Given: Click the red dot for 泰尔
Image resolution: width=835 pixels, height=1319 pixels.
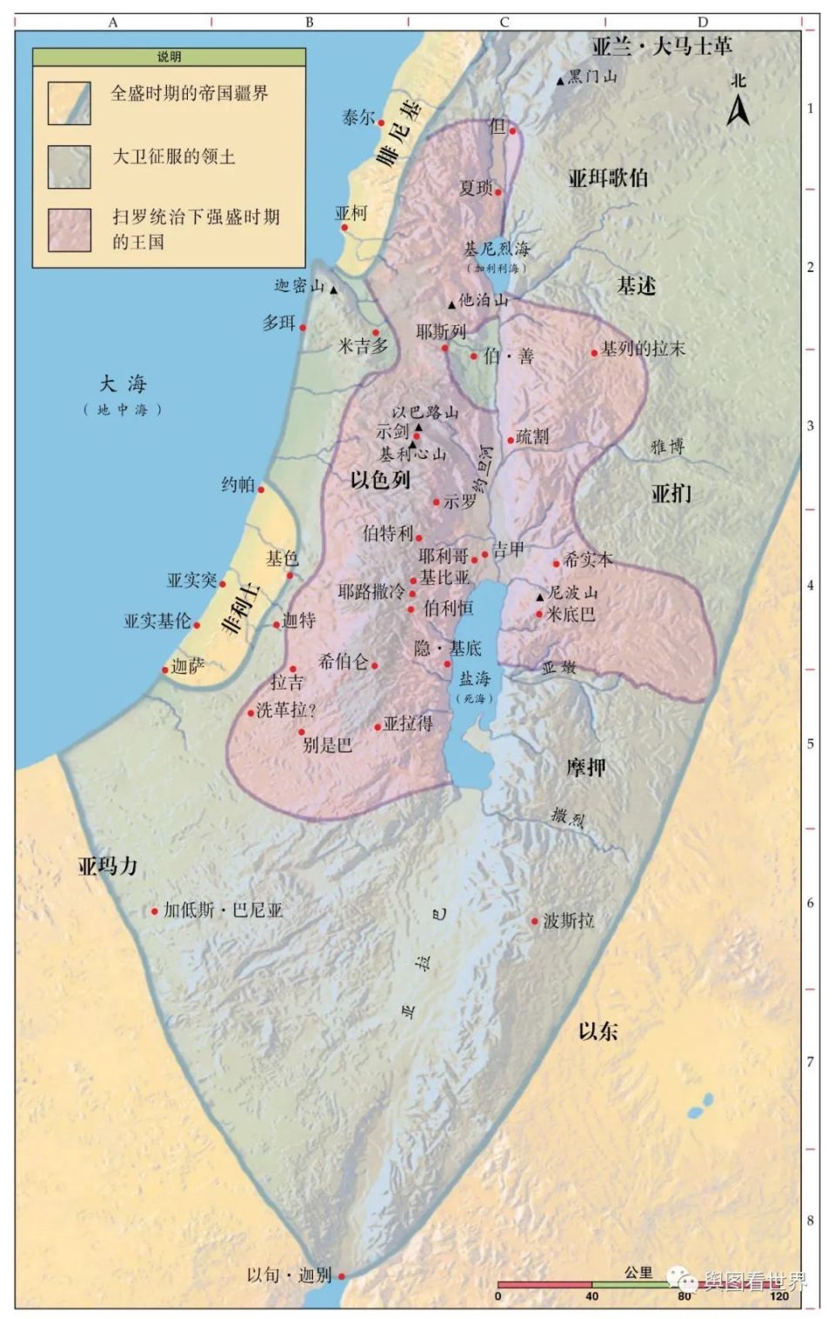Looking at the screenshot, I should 381,123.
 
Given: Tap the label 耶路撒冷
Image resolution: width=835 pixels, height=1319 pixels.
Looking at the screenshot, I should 371,592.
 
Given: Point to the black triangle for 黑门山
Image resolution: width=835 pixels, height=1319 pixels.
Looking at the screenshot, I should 560,81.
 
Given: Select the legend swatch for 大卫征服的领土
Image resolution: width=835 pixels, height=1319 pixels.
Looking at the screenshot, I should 70,167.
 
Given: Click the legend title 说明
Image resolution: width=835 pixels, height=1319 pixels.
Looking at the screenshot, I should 169,57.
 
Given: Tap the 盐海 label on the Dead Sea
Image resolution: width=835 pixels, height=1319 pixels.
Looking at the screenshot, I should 475,678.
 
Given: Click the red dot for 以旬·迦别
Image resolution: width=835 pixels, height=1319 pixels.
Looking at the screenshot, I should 342,1276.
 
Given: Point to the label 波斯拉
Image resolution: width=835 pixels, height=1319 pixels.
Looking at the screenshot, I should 569,920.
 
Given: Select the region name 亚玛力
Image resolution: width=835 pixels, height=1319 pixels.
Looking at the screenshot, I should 108,866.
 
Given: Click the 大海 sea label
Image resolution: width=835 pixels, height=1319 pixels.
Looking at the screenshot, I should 123,383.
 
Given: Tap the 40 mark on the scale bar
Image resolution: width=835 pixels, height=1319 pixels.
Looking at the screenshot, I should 591,1296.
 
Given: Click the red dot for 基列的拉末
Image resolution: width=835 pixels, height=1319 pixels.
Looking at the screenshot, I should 595,353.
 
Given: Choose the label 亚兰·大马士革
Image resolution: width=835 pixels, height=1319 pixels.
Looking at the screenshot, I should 662,46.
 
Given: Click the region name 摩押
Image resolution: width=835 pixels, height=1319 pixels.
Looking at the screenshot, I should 586,767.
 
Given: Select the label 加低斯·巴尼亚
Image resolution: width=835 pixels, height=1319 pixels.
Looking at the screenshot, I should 224,910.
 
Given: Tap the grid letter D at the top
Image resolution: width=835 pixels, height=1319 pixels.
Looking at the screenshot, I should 702,23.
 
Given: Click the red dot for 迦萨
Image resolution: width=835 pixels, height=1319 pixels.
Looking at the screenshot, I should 164,669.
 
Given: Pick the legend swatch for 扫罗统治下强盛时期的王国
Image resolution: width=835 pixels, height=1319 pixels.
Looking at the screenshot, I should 70,230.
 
